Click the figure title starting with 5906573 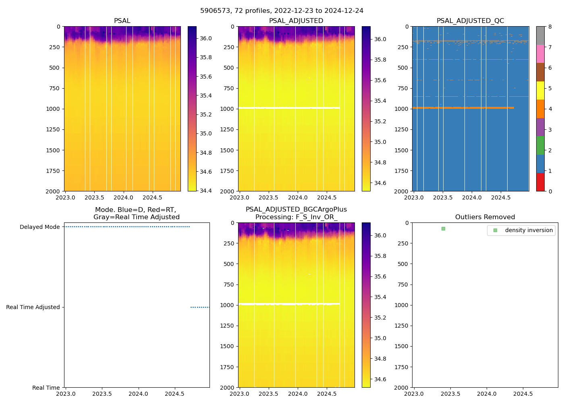(282, 11)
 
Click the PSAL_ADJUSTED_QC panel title (470, 21)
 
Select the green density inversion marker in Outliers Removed (443, 229)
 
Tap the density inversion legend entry (529, 230)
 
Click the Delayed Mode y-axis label (39, 227)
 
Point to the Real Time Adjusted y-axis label (33, 307)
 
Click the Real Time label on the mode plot (46, 388)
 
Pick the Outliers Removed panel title (485, 217)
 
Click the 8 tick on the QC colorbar (550, 27)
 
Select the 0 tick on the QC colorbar (550, 191)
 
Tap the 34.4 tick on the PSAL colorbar (206, 191)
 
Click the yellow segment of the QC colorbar (540, 90)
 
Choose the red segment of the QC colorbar (540, 182)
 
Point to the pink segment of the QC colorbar (540, 54)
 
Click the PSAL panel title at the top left (122, 21)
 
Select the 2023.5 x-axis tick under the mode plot (102, 394)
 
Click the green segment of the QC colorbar (540, 145)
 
